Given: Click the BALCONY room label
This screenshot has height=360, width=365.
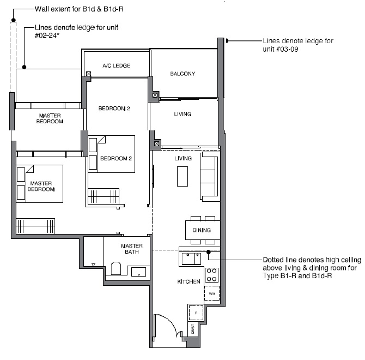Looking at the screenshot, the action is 182,74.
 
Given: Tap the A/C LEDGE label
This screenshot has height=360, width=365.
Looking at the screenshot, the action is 117,65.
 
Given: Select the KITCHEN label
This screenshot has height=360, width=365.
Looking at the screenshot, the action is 188,281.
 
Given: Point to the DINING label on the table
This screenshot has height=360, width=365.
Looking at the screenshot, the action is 202,230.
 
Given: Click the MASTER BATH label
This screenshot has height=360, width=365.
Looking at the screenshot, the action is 132,249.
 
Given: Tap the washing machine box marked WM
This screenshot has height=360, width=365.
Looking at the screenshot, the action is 212,293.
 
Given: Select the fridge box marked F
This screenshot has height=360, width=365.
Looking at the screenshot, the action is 196,313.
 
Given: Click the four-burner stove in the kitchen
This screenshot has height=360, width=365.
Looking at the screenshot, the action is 211,275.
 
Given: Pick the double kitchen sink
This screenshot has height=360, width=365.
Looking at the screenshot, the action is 191,259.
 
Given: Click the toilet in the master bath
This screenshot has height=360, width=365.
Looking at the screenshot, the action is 116,268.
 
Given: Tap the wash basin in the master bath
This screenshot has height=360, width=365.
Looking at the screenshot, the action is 138,272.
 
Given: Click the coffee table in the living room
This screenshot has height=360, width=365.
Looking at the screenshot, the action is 182,176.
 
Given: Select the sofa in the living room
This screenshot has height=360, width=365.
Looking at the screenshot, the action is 210,177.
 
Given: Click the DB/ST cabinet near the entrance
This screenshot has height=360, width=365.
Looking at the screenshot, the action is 193,329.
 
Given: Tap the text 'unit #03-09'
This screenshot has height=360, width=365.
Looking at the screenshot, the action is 280,50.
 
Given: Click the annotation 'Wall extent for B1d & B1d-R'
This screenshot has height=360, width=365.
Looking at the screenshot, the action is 79,9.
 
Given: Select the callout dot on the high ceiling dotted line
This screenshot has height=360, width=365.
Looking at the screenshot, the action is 209,252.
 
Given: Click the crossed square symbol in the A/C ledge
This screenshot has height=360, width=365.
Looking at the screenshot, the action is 88,74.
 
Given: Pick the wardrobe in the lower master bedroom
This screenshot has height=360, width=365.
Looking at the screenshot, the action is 35,226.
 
